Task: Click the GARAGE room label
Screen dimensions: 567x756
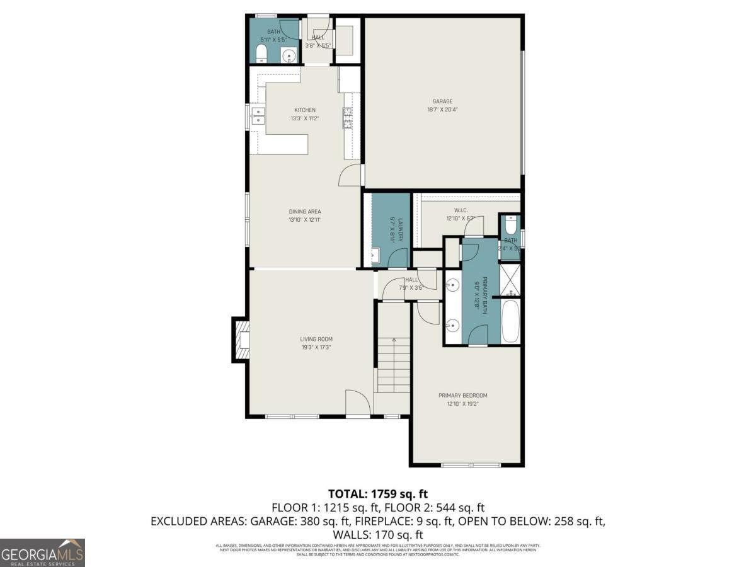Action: [442, 101]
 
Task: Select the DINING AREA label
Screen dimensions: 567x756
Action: [304, 212]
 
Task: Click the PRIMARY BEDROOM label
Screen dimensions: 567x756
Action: [463, 396]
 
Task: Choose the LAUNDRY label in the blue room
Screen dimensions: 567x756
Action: [391, 229]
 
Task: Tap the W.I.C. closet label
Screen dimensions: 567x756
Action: [461, 210]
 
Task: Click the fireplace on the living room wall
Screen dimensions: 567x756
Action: [241, 340]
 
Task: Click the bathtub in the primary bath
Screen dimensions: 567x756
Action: [510, 321]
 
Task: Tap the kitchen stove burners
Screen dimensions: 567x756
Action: [346, 118]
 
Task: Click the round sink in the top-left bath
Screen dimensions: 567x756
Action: [289, 55]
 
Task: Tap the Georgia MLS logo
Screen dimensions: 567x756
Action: [42, 553]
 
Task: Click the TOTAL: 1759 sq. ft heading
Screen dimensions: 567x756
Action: [378, 493]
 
